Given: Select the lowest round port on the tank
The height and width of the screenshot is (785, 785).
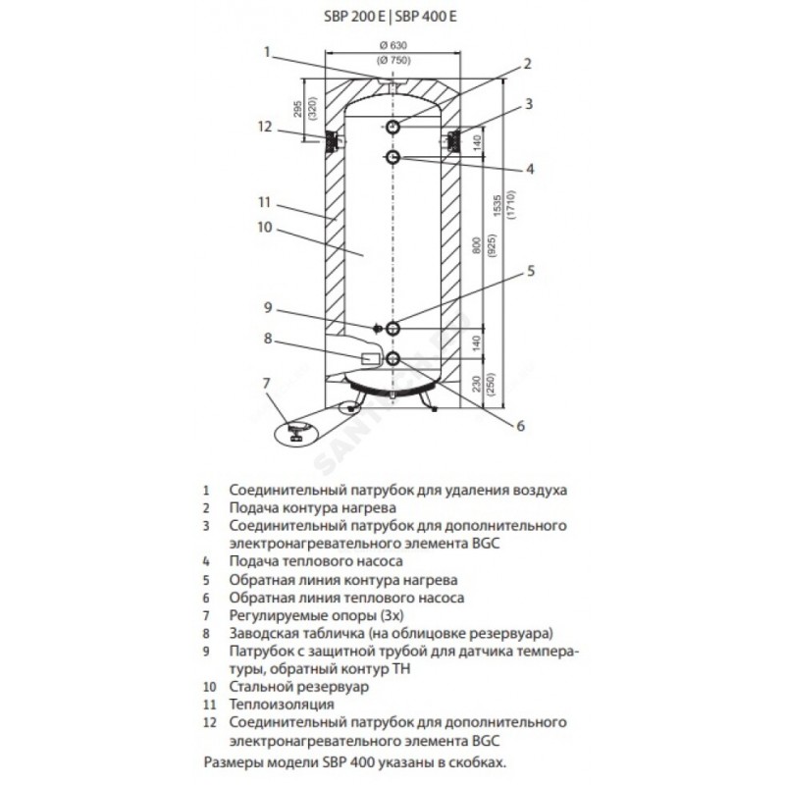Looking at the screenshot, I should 392,358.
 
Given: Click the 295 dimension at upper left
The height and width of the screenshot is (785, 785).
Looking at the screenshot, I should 295,112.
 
